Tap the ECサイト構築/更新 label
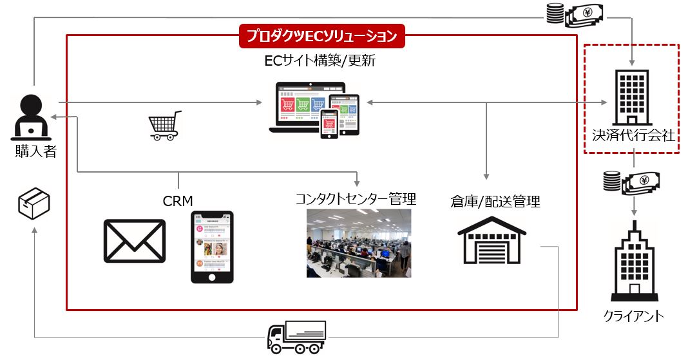point(320,62)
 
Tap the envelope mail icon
point(135,241)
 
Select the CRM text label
point(178,201)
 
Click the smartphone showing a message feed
point(212,247)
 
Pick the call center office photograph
point(358,243)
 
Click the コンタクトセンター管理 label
point(356,198)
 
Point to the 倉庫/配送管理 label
point(495,202)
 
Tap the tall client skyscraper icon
point(633,260)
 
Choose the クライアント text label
point(634,316)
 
